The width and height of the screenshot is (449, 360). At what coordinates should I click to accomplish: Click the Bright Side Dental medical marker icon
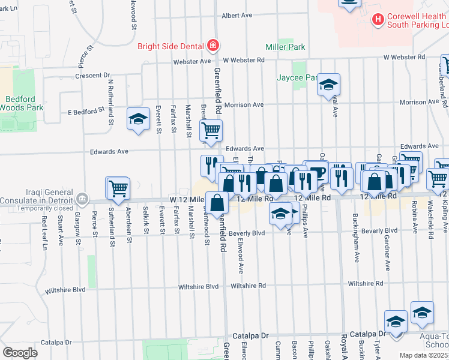(x=212, y=46)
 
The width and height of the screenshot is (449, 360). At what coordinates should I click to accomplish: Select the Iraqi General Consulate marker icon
(x=83, y=197)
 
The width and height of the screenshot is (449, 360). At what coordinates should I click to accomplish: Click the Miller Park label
(x=286, y=47)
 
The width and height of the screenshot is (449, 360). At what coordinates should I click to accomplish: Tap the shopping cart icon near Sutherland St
(x=118, y=188)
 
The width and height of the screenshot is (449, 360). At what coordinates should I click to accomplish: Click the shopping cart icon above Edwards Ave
(x=211, y=130)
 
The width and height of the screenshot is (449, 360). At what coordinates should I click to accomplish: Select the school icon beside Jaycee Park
(x=328, y=85)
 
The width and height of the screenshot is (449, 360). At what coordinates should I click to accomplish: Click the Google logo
(x=20, y=352)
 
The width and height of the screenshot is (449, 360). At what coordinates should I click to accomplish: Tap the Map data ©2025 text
(x=424, y=355)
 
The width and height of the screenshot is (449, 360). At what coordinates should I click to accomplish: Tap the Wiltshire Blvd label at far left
(x=199, y=287)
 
